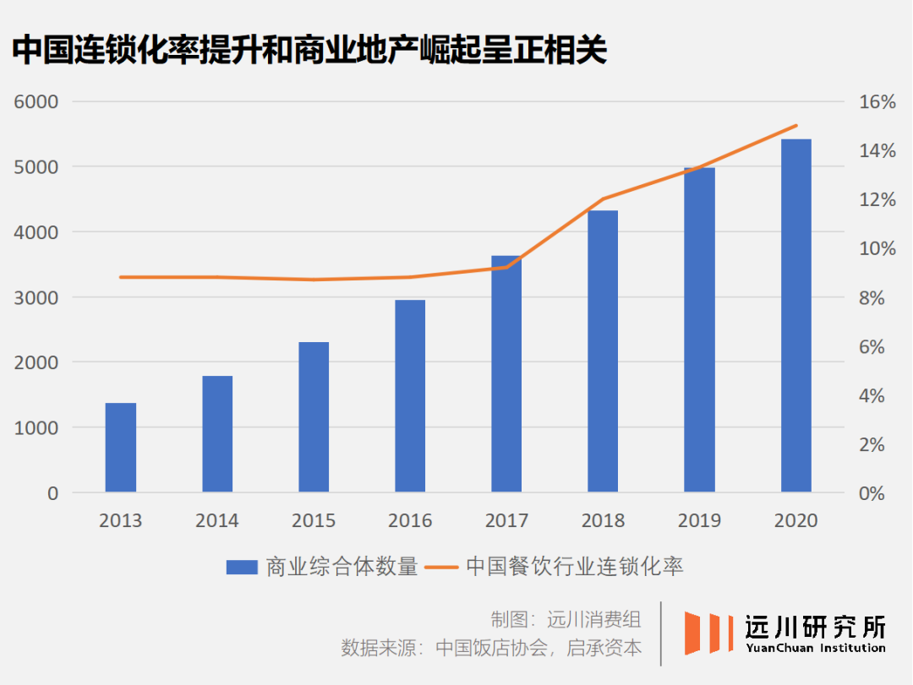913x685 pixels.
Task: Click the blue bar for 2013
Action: pos(121,448)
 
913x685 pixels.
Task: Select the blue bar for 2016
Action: pos(410,396)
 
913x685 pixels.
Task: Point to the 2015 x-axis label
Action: pos(314,520)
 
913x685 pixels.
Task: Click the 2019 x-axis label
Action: pos(699,520)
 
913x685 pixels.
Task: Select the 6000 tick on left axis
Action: pos(36,102)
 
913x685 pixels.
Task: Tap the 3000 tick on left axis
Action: pos(36,297)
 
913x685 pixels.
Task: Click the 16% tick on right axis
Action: pos(877,102)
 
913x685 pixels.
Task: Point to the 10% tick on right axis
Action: pos(877,249)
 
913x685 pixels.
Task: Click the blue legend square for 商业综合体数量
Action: pos(242,567)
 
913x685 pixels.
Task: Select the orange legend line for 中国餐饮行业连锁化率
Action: pos(442,567)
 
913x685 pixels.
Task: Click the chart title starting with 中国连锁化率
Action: pos(309,51)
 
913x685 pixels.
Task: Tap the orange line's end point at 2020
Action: pos(795,126)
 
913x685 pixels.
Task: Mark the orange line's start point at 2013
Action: pos(121,277)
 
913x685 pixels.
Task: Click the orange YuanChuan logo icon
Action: pos(708,633)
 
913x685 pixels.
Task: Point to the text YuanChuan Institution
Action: pos(815,648)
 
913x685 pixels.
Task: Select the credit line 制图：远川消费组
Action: pos(566,619)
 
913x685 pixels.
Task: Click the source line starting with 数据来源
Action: pos(491,648)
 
